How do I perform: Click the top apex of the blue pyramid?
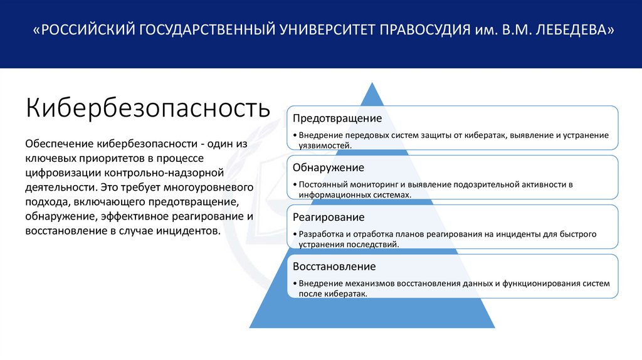click(372, 83)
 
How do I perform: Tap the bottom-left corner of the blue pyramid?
click(250, 327)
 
